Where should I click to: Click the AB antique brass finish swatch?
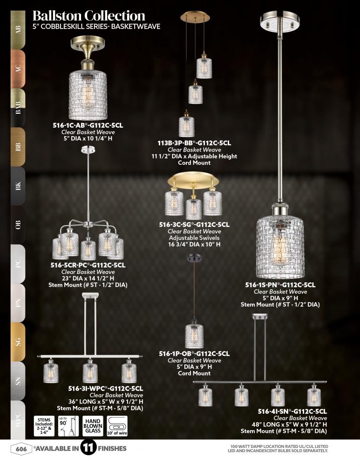(18, 30)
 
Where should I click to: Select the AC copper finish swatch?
(18, 69)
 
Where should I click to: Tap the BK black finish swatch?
(18, 186)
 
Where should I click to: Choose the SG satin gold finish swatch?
(18, 342)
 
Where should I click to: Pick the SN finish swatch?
(18, 381)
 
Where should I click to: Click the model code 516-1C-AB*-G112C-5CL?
(88, 125)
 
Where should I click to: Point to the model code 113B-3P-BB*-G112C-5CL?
(194, 143)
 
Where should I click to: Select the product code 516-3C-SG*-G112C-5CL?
(194, 225)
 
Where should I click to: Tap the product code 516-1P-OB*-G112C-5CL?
(194, 354)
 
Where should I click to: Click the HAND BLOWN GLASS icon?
(93, 426)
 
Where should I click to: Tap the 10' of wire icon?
(117, 426)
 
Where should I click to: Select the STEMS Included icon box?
(44, 426)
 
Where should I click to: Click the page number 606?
(21, 448)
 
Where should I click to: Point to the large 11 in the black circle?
(88, 448)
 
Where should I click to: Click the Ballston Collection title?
(89, 16)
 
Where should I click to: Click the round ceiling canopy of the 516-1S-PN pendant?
(280, 21)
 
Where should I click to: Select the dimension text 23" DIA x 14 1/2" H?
(88, 279)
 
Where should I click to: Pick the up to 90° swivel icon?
(68, 426)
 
